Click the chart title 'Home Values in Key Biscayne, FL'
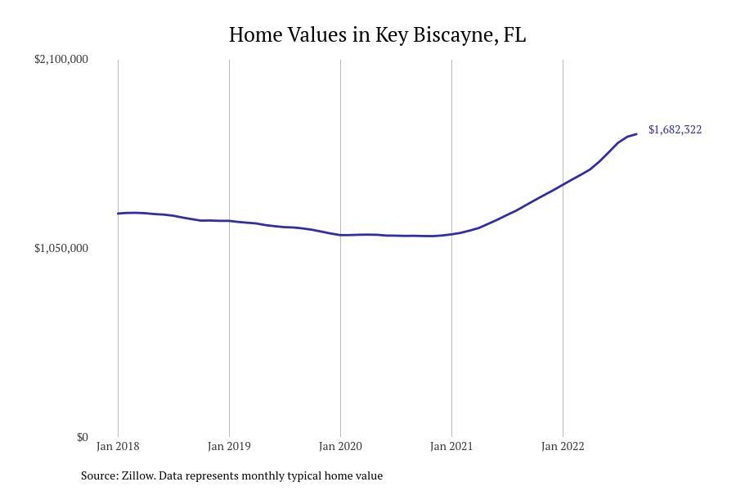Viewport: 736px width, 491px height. [377, 35]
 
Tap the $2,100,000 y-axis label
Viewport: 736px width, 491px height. [61, 59]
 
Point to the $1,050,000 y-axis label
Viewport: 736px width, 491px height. [61, 248]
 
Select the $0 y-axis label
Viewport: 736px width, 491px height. [82, 437]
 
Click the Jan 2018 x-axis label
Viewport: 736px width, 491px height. [118, 446]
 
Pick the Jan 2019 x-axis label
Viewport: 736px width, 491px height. [229, 446]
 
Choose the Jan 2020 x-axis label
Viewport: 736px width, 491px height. [340, 446]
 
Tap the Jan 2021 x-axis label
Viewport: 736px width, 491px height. [451, 446]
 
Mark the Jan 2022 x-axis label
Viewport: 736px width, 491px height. [563, 446]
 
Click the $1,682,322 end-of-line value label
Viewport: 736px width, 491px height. [675, 129]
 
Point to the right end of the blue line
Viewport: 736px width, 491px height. [636, 134]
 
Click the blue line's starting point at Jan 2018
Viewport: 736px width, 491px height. [119, 214]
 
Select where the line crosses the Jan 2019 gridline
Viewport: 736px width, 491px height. [229, 221]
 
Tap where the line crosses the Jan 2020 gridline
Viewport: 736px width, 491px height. [340, 235]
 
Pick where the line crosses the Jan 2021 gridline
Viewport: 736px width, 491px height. [451, 234]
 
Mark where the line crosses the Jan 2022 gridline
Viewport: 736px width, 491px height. [563, 185]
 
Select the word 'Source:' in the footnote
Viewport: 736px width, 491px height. [100, 475]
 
